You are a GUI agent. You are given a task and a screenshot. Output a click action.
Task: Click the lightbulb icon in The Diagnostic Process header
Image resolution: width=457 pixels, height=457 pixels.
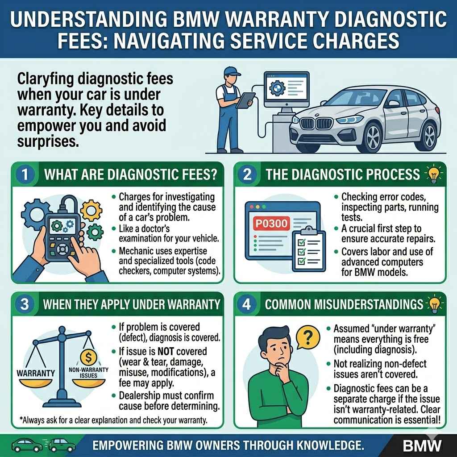(433, 174)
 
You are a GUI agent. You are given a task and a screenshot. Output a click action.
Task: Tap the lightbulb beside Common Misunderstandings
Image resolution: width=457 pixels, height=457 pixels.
(433, 304)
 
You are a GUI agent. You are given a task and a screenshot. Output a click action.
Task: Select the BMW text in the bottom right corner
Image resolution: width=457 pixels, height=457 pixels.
(422, 445)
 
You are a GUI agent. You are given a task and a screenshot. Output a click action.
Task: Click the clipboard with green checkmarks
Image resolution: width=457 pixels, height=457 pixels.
(306, 250)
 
